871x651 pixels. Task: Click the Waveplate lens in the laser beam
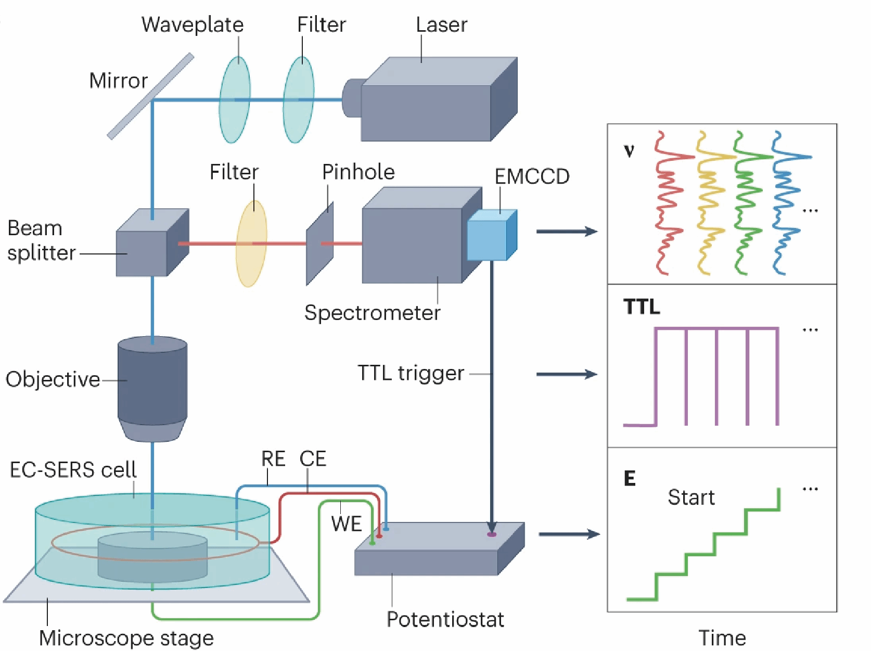235,100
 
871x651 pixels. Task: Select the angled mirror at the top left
150,96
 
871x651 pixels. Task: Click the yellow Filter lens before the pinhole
251,244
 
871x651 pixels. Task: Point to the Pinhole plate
319,244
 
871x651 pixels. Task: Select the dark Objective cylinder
152,385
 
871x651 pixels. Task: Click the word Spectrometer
372,313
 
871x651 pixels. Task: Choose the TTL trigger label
411,373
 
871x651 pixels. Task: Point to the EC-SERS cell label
73,469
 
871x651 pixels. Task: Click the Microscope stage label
126,638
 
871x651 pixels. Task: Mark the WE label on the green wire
347,524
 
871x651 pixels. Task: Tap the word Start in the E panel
691,497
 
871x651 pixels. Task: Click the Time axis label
722,638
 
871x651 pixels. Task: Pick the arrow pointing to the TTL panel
567,374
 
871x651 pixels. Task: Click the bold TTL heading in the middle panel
642,307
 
